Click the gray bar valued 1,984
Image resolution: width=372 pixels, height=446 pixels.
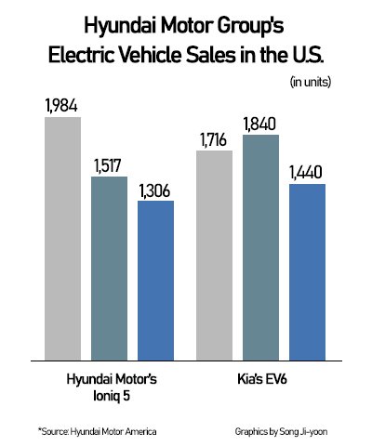click(x=62, y=237)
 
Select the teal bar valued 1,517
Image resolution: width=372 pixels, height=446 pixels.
click(x=109, y=267)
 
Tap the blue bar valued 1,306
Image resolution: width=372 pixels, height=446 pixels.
click(x=155, y=279)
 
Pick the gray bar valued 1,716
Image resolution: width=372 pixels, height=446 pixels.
click(x=214, y=254)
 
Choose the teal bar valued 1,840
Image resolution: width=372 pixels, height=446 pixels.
click(x=260, y=246)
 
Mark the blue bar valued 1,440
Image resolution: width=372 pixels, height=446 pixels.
click(x=307, y=270)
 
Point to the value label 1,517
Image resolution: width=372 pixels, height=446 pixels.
click(x=109, y=163)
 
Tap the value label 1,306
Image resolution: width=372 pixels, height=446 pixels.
click(x=155, y=187)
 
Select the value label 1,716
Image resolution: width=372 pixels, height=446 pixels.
click(x=214, y=138)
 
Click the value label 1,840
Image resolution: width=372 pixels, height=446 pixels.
click(x=260, y=123)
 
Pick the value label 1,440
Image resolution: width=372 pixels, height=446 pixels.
click(x=307, y=171)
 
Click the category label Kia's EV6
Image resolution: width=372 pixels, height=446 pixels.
click(x=260, y=380)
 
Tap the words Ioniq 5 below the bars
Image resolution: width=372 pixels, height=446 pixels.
click(x=109, y=396)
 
